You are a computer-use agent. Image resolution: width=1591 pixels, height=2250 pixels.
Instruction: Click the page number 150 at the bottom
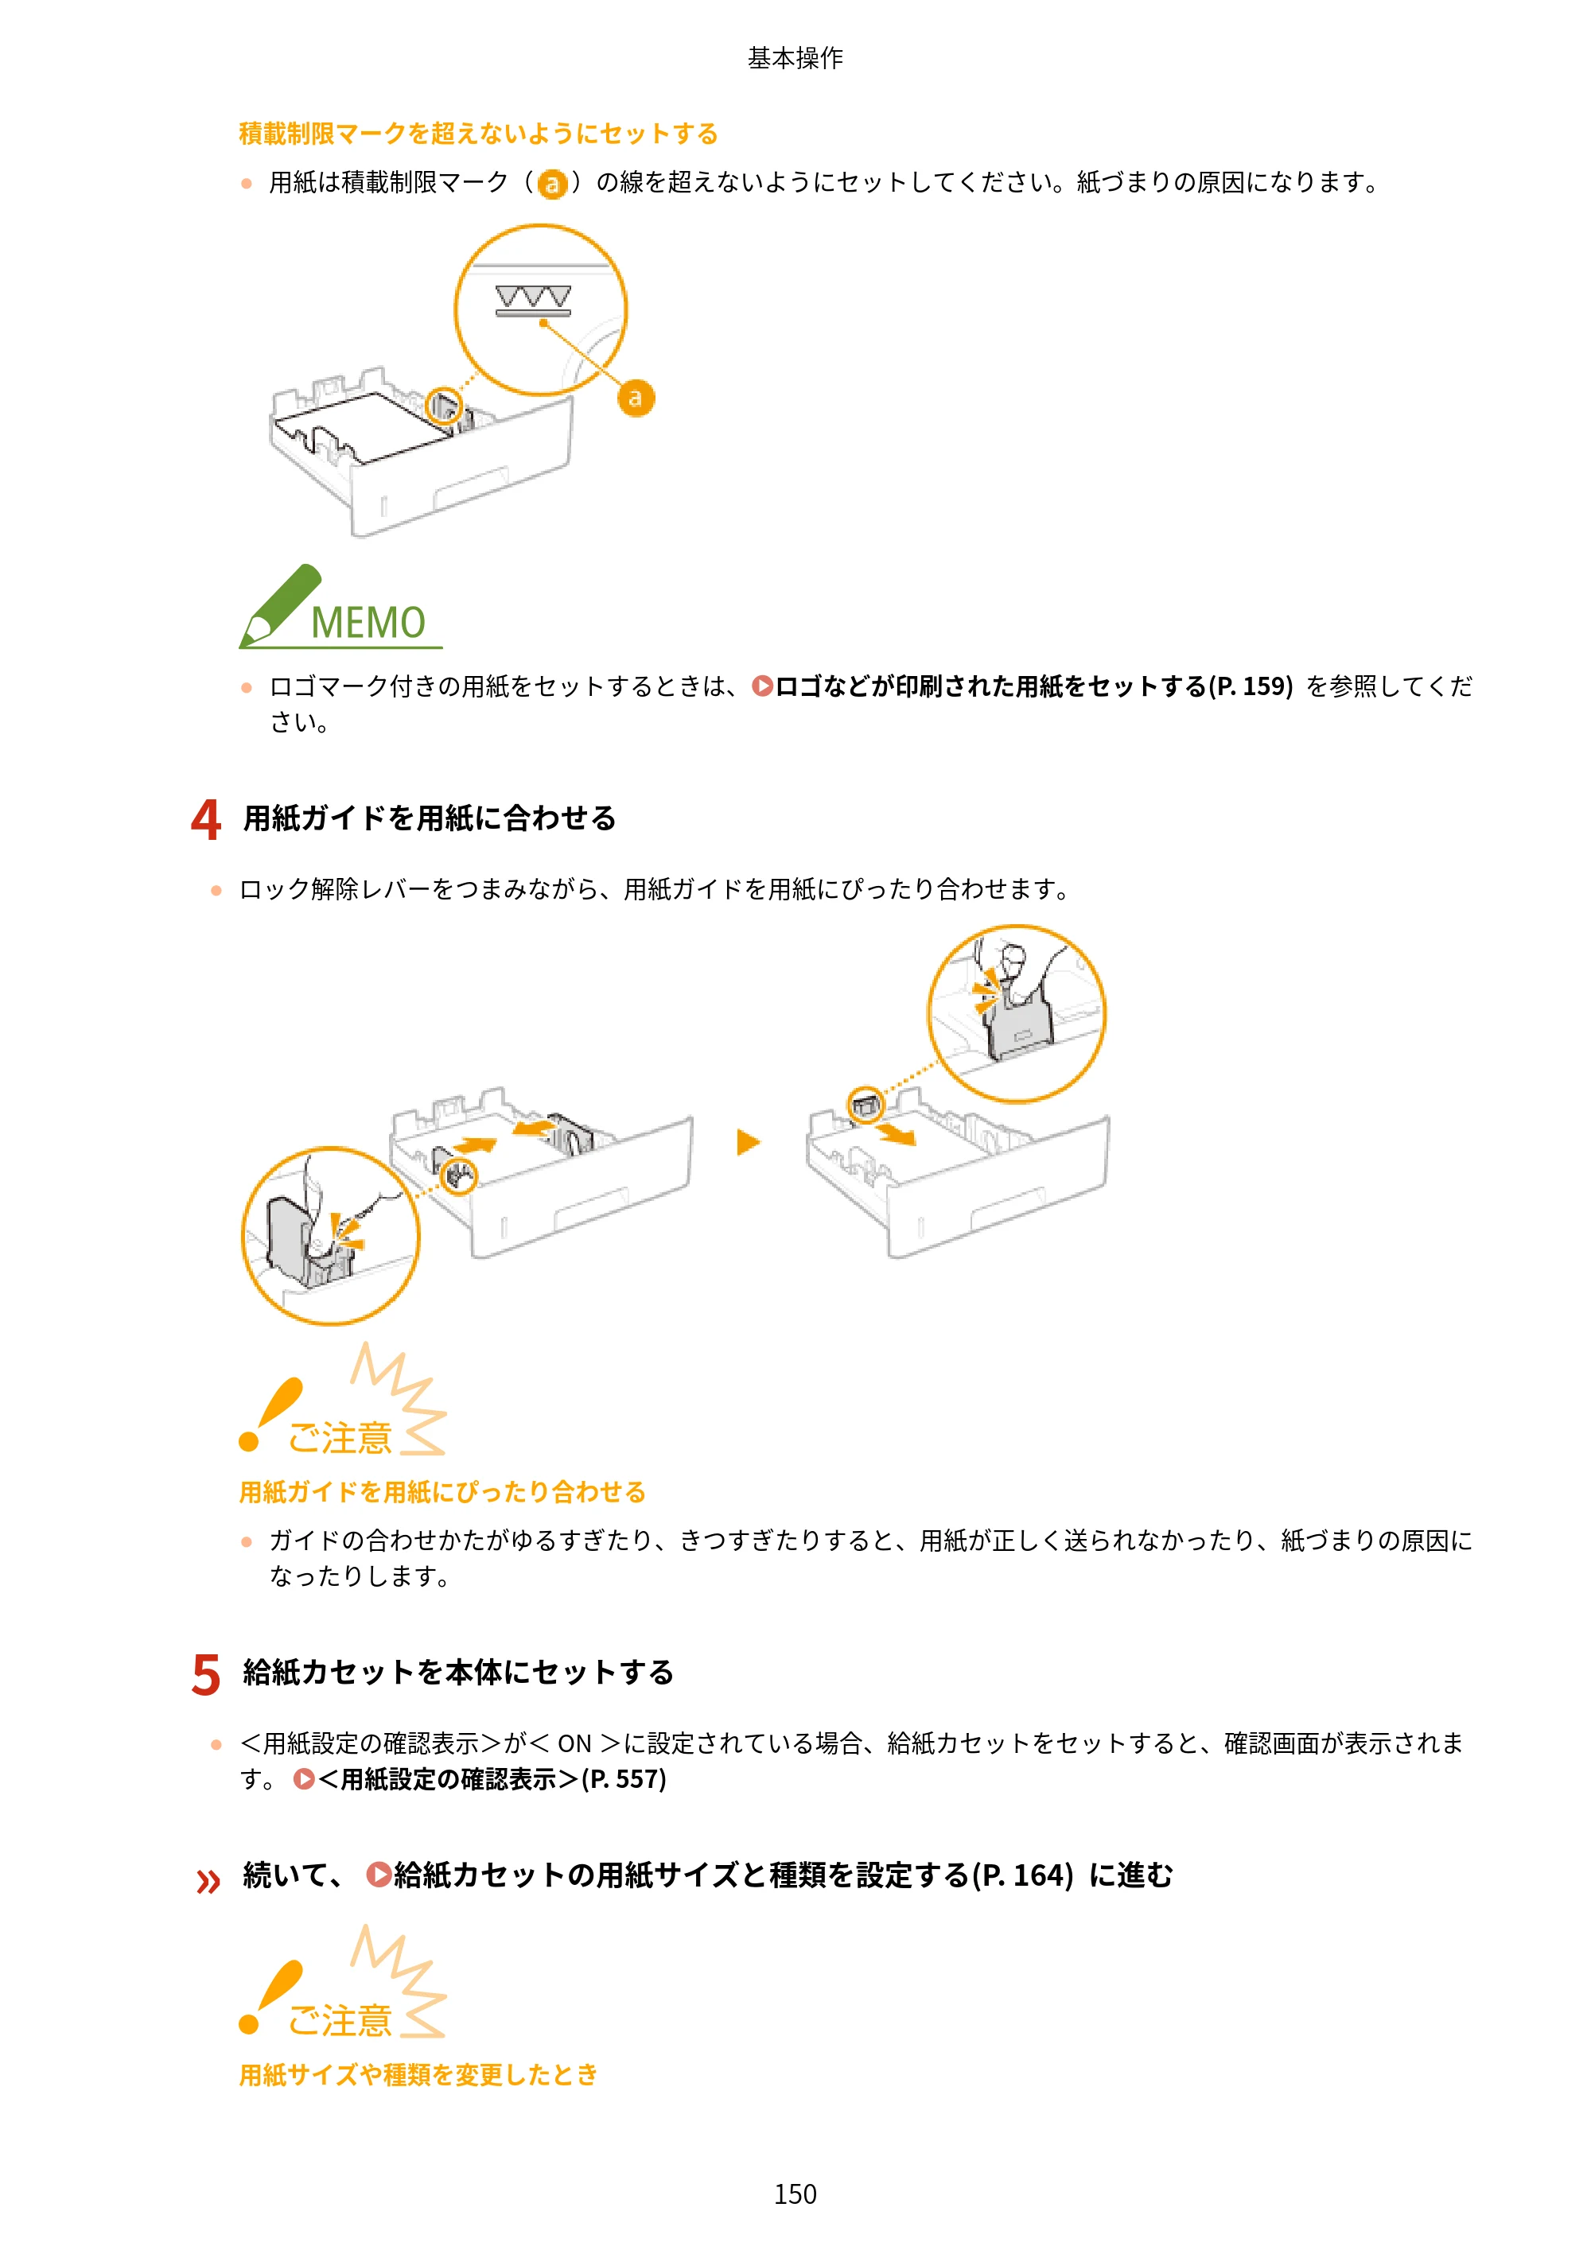click(795, 2194)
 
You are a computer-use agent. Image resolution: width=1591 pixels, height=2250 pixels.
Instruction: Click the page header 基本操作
click(795, 58)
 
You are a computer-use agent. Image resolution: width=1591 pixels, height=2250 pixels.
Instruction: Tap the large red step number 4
click(206, 818)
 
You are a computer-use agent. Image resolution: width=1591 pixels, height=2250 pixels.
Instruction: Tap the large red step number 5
click(206, 1673)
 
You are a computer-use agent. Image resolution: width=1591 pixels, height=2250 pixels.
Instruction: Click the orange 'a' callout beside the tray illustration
click(636, 398)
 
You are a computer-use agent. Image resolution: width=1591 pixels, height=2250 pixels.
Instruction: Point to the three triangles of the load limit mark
click(532, 296)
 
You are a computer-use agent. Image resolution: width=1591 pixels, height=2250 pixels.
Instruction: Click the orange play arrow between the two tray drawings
click(749, 1141)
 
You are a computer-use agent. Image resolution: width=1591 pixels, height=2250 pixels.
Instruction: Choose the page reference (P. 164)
click(1021, 1875)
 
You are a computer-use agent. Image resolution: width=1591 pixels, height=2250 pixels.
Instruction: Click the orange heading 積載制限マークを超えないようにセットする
click(478, 134)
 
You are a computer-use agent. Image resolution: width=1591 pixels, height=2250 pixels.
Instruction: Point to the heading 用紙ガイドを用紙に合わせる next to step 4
click(430, 818)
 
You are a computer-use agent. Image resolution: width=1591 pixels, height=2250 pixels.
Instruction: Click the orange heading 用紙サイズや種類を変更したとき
click(418, 2074)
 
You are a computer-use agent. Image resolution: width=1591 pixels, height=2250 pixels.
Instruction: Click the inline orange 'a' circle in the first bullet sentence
click(553, 183)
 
